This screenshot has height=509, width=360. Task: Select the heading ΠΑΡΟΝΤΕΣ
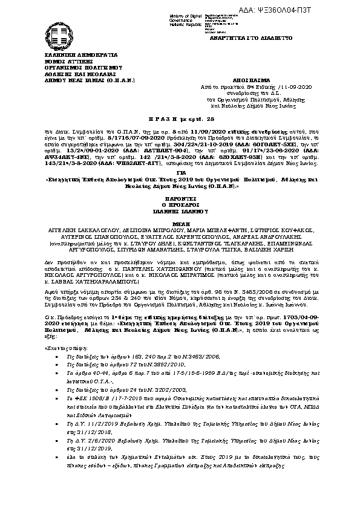tap(180, 198)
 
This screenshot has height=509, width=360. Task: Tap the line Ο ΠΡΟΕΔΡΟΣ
tap(180, 204)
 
